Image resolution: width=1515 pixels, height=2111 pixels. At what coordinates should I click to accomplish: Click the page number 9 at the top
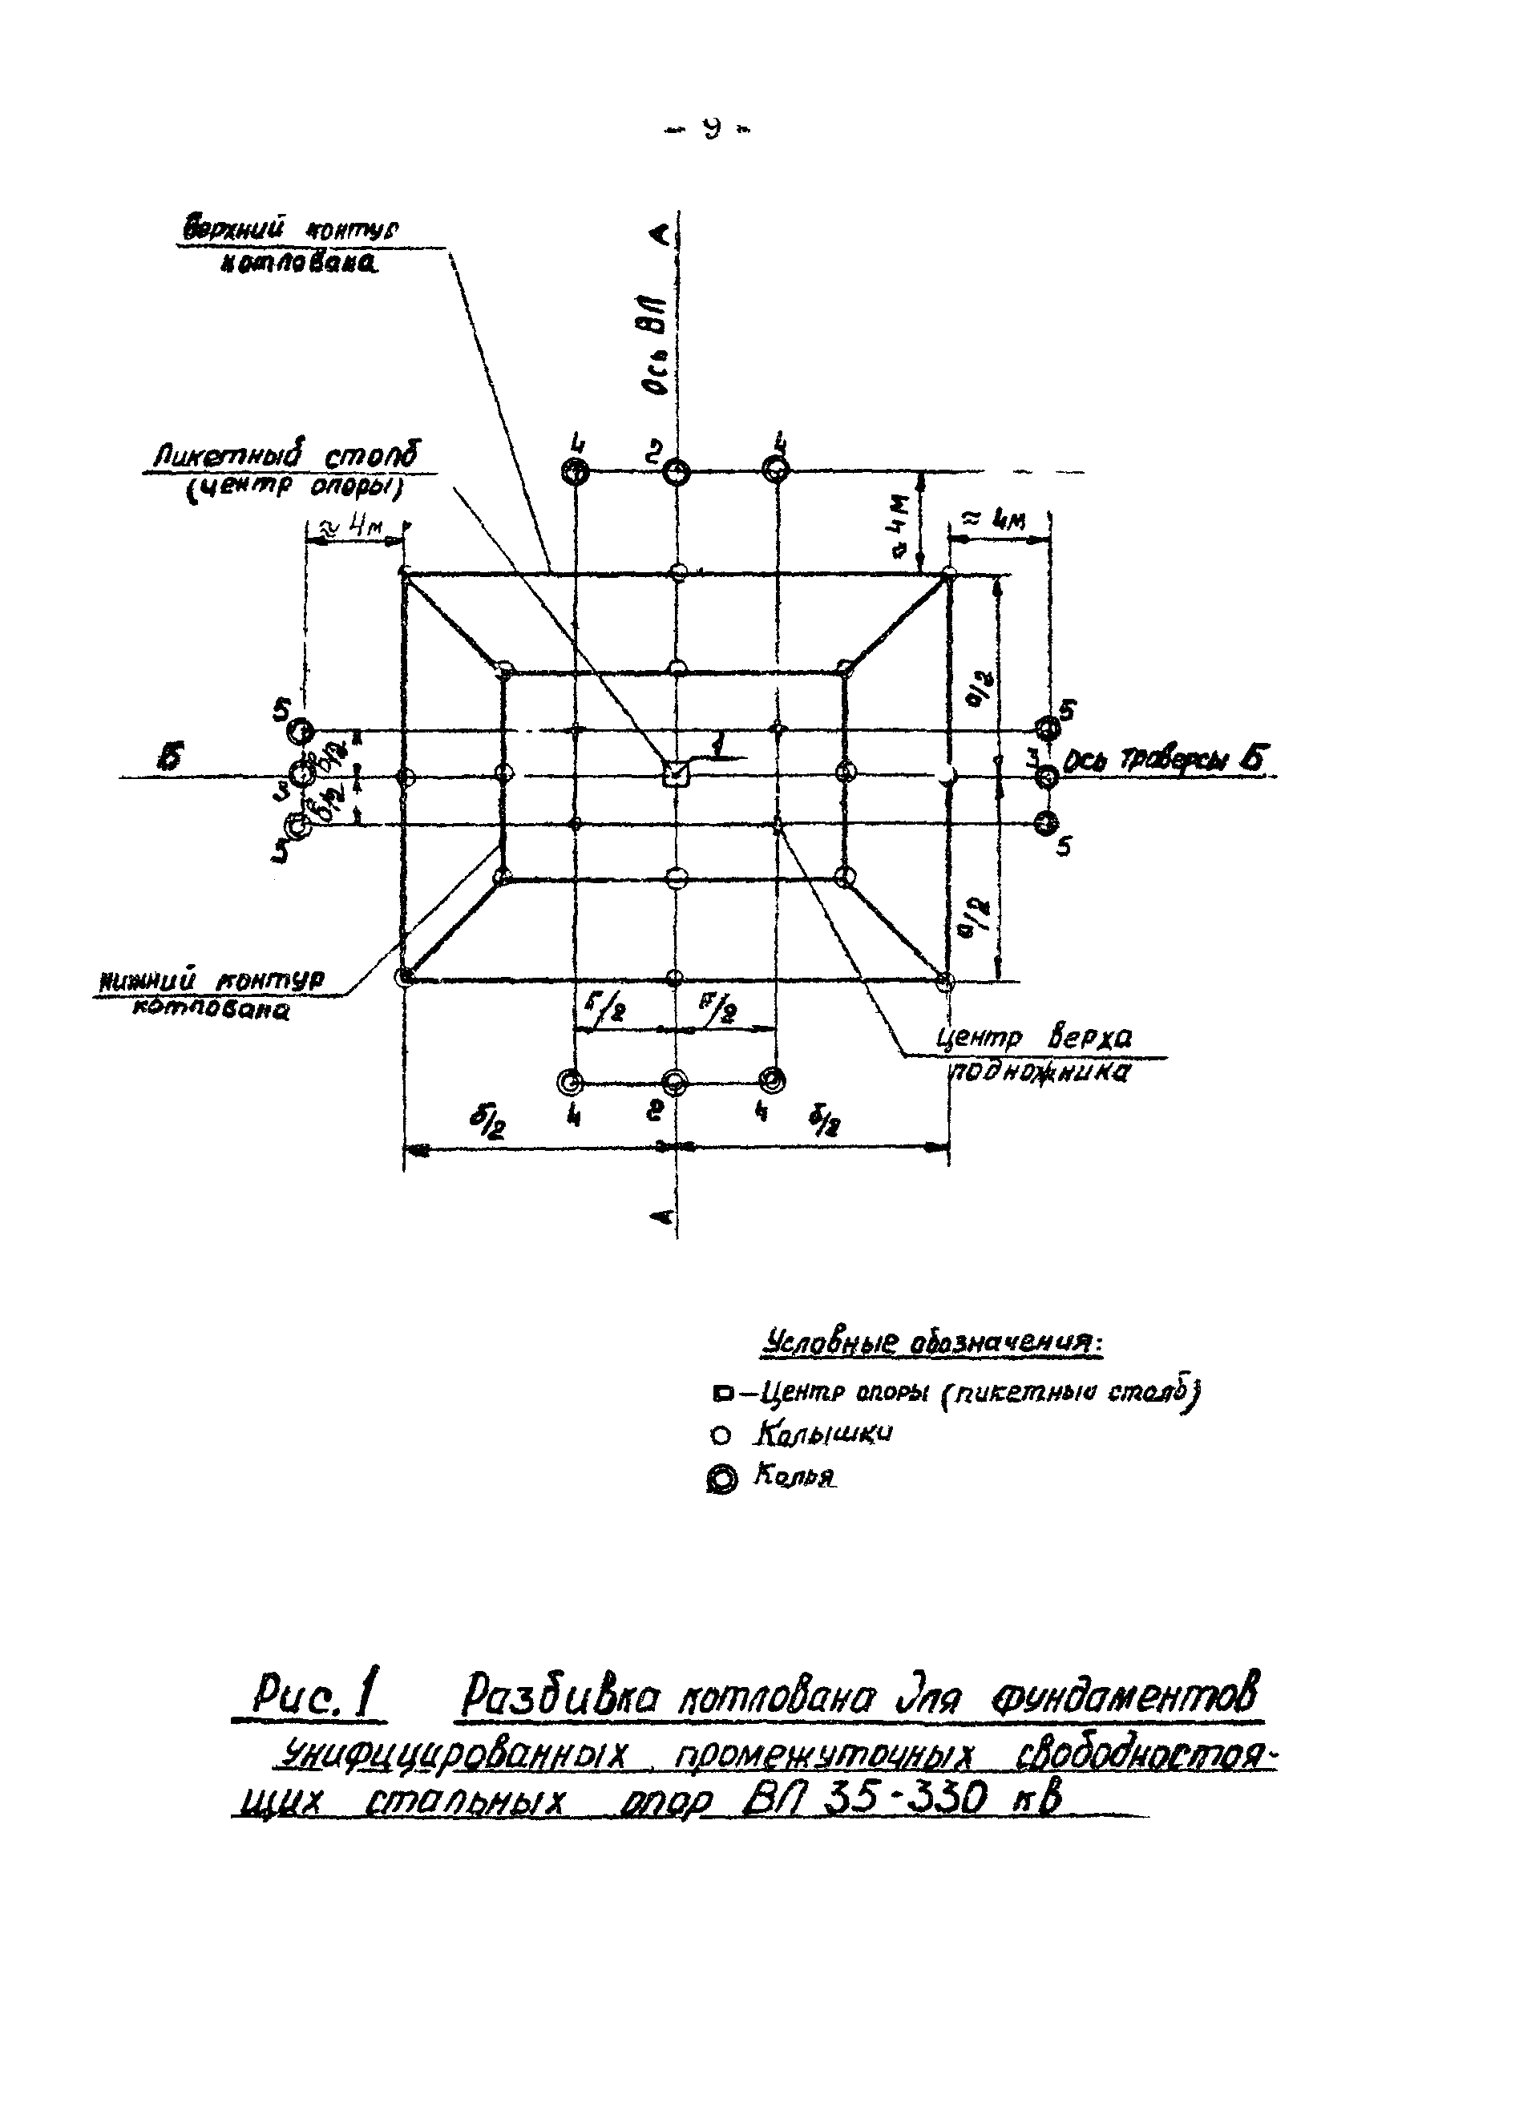[709, 129]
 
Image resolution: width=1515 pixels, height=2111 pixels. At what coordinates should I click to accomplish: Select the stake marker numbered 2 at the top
[677, 473]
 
